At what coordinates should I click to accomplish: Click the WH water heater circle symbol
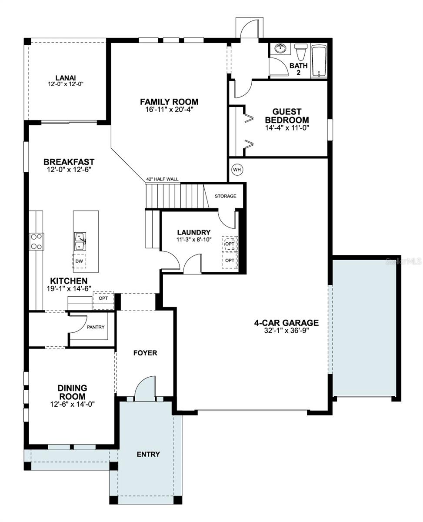[x=236, y=170]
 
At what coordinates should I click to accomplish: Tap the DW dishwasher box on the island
[x=79, y=261]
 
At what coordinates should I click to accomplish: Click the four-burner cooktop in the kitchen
[x=36, y=241]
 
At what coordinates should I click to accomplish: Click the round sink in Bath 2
[x=280, y=48]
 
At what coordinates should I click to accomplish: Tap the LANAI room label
[x=66, y=78]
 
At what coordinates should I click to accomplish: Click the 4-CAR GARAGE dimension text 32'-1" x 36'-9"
[x=286, y=330]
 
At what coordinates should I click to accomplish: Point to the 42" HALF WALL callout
[x=162, y=179]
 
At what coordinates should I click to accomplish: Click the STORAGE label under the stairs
[x=225, y=196]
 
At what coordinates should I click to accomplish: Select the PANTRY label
[x=96, y=327]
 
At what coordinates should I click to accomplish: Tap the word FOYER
[x=145, y=353]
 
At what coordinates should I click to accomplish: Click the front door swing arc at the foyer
[x=145, y=388]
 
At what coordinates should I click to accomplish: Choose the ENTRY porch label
[x=148, y=454]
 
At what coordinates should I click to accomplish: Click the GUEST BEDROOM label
[x=287, y=116]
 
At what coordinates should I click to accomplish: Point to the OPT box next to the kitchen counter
[x=103, y=299]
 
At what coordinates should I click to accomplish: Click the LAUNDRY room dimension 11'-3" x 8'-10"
[x=194, y=240]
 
